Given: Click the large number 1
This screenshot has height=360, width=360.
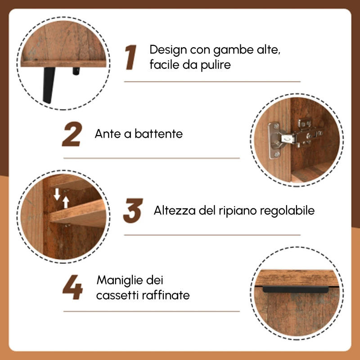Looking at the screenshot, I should tap(131, 58).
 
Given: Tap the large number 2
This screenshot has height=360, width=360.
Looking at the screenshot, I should tap(72, 134).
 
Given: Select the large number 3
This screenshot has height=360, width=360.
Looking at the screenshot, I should tap(133, 211).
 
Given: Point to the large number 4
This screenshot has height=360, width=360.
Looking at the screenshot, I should tap(72, 288).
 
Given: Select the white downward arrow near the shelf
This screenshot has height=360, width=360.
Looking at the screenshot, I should tap(57, 194).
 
